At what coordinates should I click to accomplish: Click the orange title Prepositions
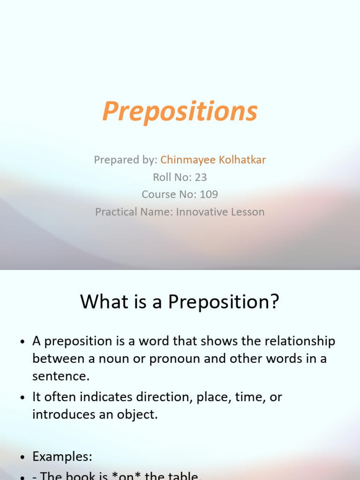point(180,112)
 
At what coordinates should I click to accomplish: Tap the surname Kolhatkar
point(244,160)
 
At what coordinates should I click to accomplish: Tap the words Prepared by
point(125,160)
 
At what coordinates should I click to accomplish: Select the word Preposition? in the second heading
point(223,302)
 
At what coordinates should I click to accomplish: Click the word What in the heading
point(102,302)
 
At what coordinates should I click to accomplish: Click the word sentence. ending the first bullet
point(61,376)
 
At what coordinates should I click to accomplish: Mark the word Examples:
point(62,456)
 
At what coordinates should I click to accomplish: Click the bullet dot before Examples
point(22,457)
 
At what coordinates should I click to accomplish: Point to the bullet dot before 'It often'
point(22,397)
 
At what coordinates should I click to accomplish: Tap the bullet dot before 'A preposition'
point(22,342)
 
